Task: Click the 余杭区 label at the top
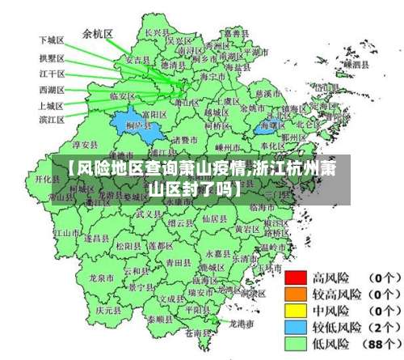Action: pos(98,34)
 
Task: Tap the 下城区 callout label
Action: pos(52,39)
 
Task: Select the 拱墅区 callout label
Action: pos(52,58)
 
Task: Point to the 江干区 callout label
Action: pos(52,74)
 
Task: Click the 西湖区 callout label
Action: pos(52,89)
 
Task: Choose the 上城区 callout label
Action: pos(52,105)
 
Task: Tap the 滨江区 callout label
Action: pos(52,120)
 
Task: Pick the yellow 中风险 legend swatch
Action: pos(297,310)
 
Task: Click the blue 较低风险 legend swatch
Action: pos(297,326)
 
